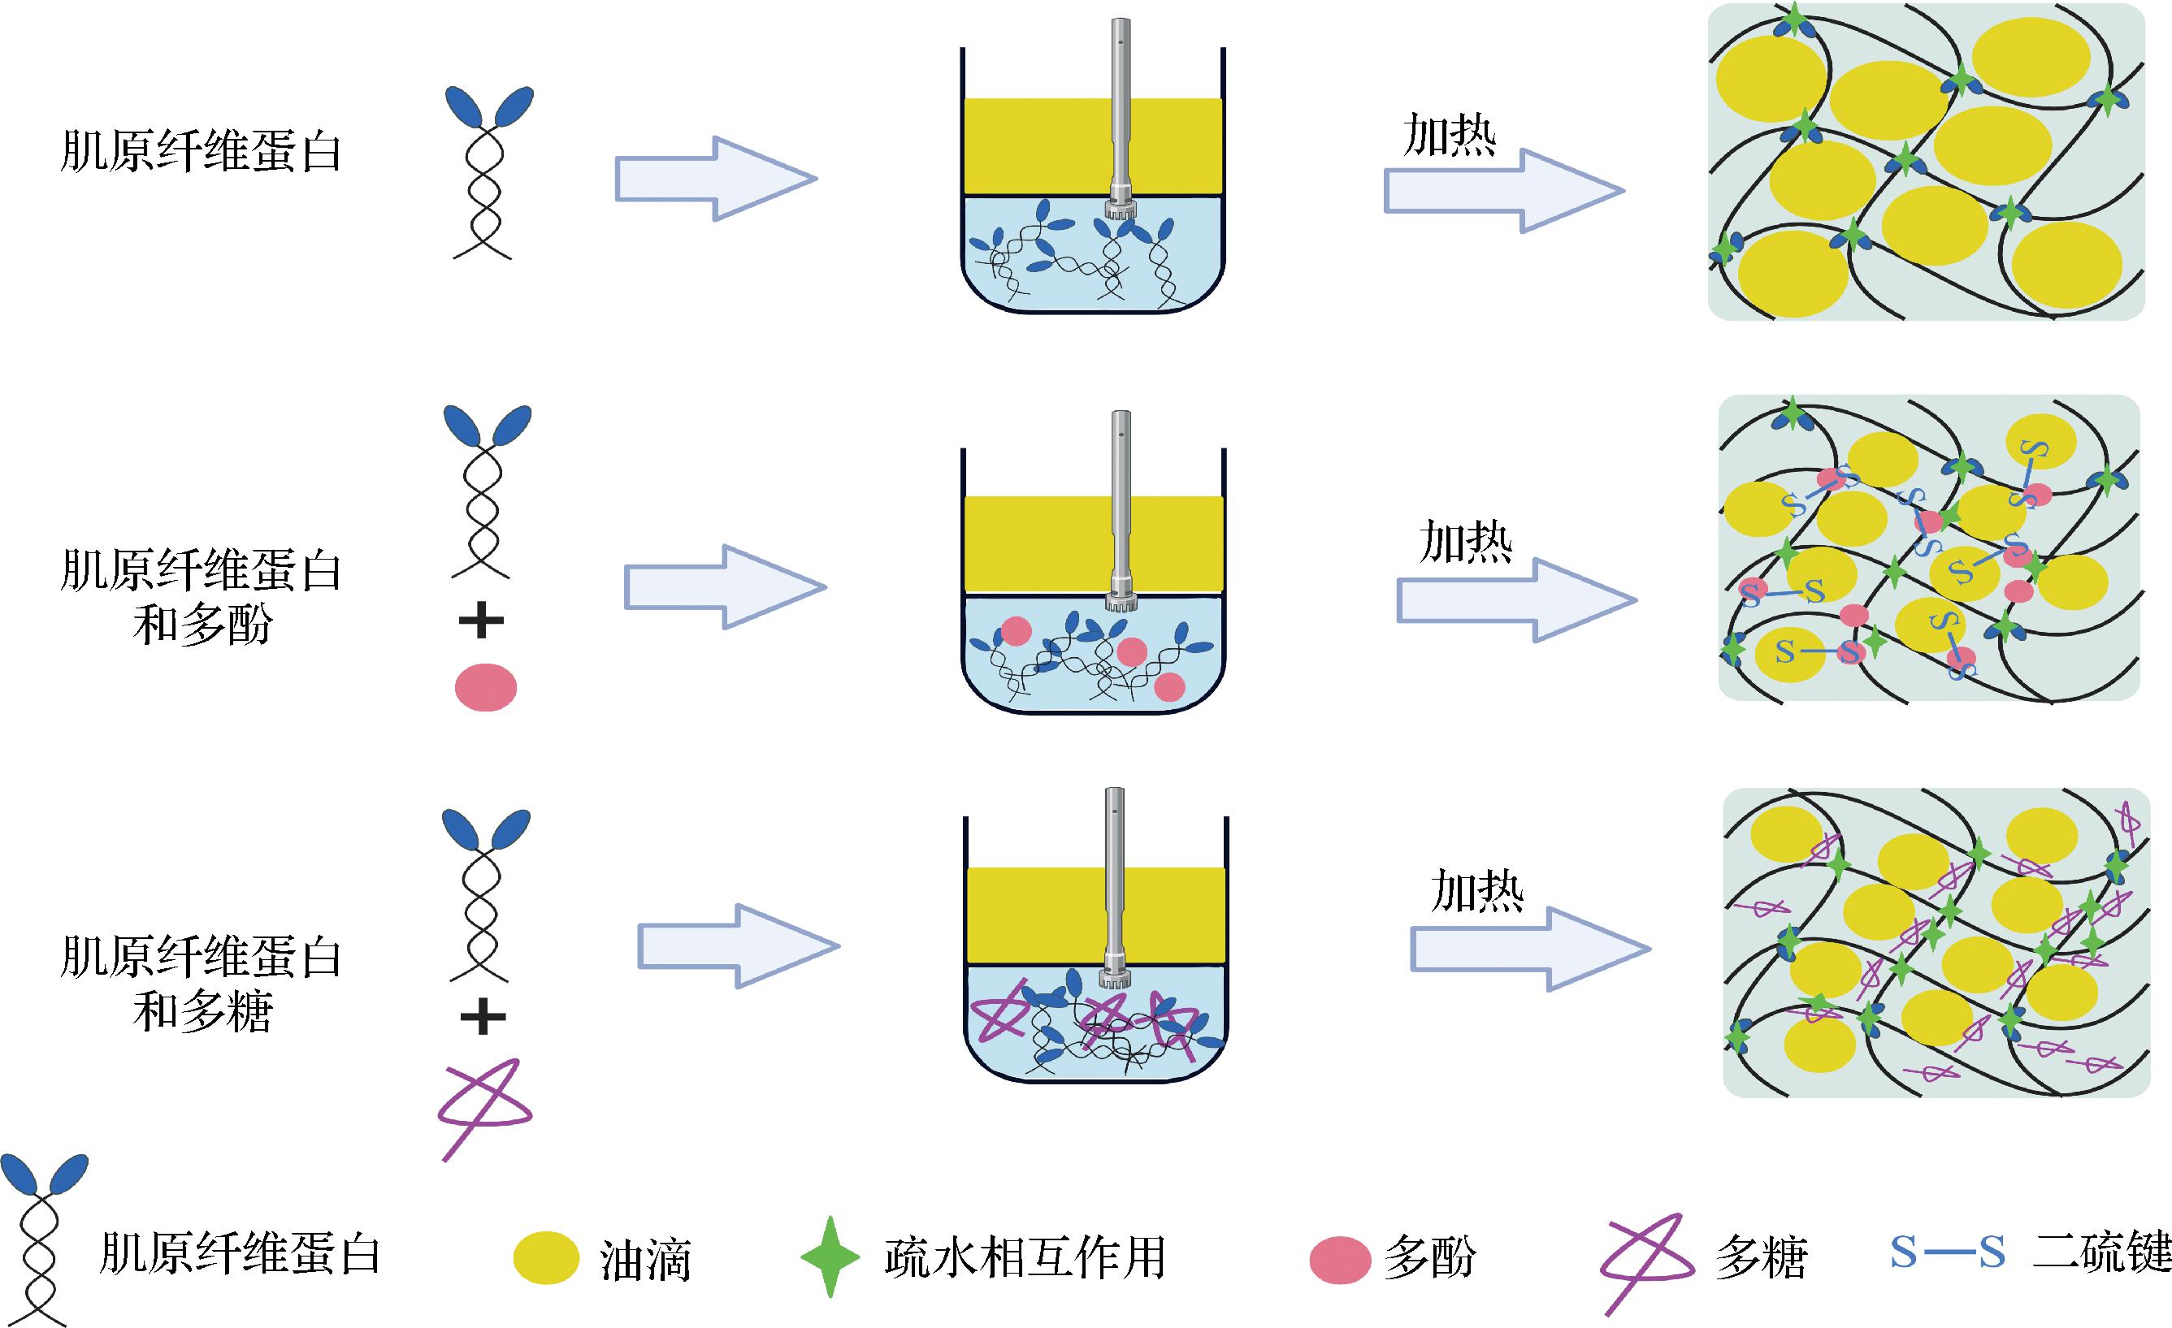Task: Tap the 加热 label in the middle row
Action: [1465, 541]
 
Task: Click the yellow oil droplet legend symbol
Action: [546, 1257]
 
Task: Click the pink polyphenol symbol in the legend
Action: [1340, 1258]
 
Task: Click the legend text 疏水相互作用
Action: [1025, 1257]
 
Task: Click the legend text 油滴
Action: [645, 1260]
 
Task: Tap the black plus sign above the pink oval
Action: [481, 623]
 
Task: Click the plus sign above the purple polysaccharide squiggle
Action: [483, 1019]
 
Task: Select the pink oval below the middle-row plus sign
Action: [486, 687]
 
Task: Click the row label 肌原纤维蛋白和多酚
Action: [201, 597]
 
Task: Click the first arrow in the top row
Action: [715, 179]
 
